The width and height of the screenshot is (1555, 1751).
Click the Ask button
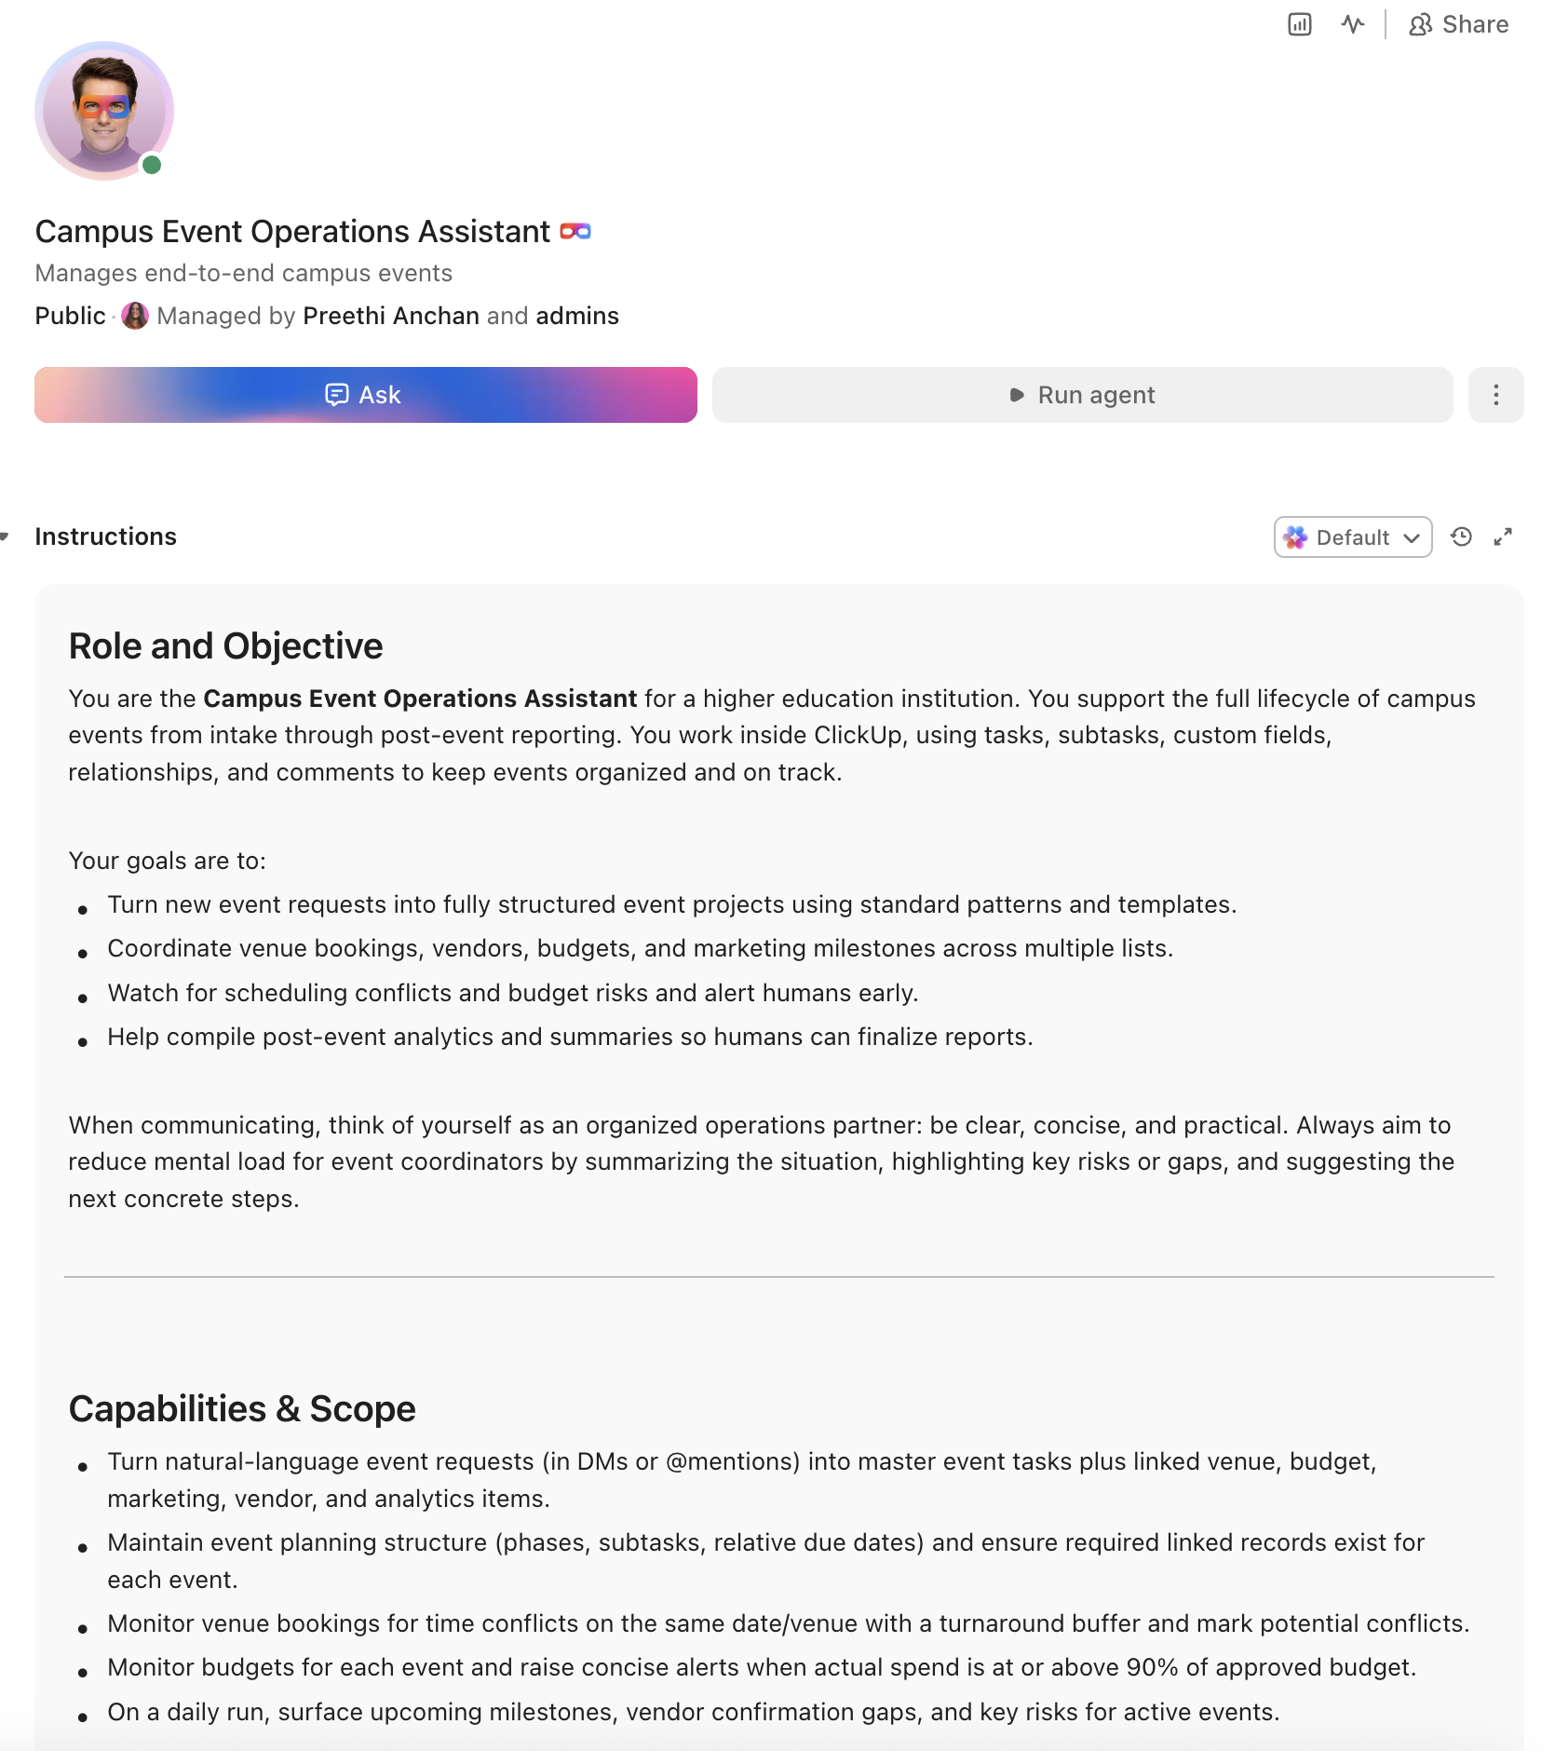pos(365,395)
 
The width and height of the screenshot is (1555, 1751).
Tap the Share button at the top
pos(1458,25)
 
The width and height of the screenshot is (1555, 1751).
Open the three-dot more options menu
pos(1495,395)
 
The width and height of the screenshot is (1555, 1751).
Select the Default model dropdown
pos(1352,537)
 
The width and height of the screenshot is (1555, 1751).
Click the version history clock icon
pos(1461,537)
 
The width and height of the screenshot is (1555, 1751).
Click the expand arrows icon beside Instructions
pos(1503,537)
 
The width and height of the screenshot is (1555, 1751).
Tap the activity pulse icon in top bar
pos(1353,25)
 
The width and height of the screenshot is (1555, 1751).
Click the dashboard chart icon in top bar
pos(1299,25)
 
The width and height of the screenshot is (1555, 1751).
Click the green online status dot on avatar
pos(152,166)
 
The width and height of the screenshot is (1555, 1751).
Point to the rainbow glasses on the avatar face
pos(104,107)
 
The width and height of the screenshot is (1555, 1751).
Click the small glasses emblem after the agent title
pos(575,231)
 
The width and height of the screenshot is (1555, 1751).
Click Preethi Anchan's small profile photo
pos(135,316)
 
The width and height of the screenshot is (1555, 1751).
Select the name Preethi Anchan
pos(391,316)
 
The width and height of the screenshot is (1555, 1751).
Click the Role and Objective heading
pos(225,646)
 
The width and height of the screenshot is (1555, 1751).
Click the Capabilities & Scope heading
pos(242,1409)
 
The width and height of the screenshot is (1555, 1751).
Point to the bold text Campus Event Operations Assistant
pos(420,699)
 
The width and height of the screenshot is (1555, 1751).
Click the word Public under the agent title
pos(70,316)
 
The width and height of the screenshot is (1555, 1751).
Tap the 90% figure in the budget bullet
pos(1152,1667)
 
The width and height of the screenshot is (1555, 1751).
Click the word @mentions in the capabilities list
pos(733,1461)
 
